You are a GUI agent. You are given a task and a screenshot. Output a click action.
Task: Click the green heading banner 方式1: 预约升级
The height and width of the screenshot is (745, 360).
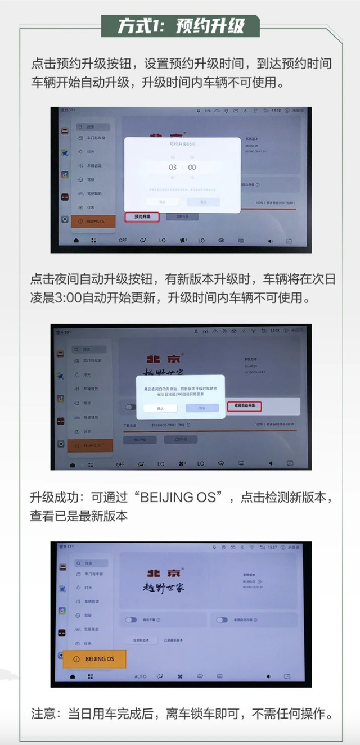(180, 26)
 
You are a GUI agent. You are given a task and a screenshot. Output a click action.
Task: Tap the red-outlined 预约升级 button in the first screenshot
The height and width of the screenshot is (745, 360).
(142, 216)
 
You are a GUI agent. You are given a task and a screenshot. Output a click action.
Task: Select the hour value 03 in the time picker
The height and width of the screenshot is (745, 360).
(173, 167)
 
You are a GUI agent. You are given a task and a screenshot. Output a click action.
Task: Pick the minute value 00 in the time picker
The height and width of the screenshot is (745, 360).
(192, 167)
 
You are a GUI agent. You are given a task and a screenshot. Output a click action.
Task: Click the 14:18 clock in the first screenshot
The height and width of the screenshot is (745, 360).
(276, 111)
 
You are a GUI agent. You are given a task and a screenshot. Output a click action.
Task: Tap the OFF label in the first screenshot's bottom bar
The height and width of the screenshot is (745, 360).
(123, 240)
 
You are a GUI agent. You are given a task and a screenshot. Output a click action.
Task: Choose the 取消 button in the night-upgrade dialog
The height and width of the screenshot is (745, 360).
(202, 408)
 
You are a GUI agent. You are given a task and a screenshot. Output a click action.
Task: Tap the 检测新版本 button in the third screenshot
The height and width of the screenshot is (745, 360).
(137, 640)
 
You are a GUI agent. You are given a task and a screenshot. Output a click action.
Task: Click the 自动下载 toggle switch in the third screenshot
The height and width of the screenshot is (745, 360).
(131, 620)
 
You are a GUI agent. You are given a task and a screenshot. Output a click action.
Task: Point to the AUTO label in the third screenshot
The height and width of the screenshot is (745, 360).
(141, 676)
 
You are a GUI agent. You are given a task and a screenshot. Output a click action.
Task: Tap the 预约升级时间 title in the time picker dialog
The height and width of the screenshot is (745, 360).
(182, 145)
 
